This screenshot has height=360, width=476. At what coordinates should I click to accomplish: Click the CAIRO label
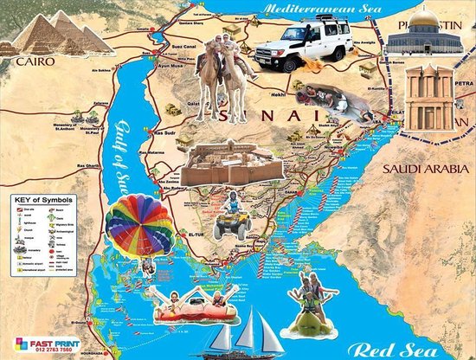pyautogui.click(x=35, y=61)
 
